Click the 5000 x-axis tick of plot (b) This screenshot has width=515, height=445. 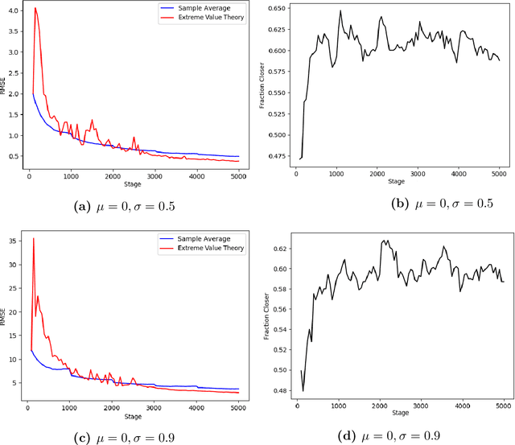(x=500, y=173)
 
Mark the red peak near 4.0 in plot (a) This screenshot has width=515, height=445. (x=35, y=9)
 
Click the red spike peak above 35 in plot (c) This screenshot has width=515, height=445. (x=33, y=238)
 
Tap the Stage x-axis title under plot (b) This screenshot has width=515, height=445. (x=396, y=183)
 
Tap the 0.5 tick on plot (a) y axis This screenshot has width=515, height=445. (x=13, y=157)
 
